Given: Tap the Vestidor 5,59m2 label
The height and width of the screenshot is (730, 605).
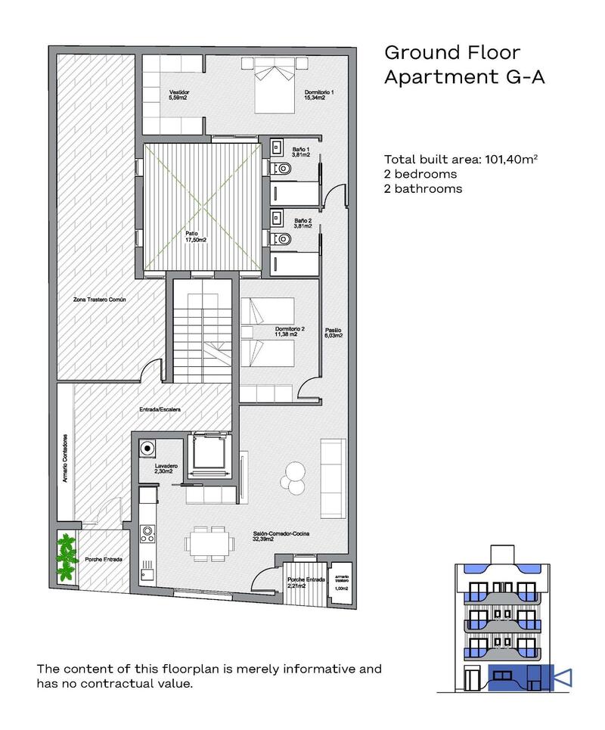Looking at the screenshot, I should click(179, 95).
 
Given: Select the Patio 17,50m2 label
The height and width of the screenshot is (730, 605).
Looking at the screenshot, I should click(197, 237).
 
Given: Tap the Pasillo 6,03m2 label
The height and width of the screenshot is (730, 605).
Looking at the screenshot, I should click(334, 334).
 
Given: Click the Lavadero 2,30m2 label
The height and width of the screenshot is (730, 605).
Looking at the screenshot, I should click(165, 468).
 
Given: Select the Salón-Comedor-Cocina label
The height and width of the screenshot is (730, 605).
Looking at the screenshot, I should click(281, 536).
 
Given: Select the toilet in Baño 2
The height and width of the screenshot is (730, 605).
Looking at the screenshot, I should click(281, 239).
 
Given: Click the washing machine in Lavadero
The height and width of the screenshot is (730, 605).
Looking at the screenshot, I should click(145, 449).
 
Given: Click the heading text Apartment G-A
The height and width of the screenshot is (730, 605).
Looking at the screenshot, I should click(464, 76).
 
